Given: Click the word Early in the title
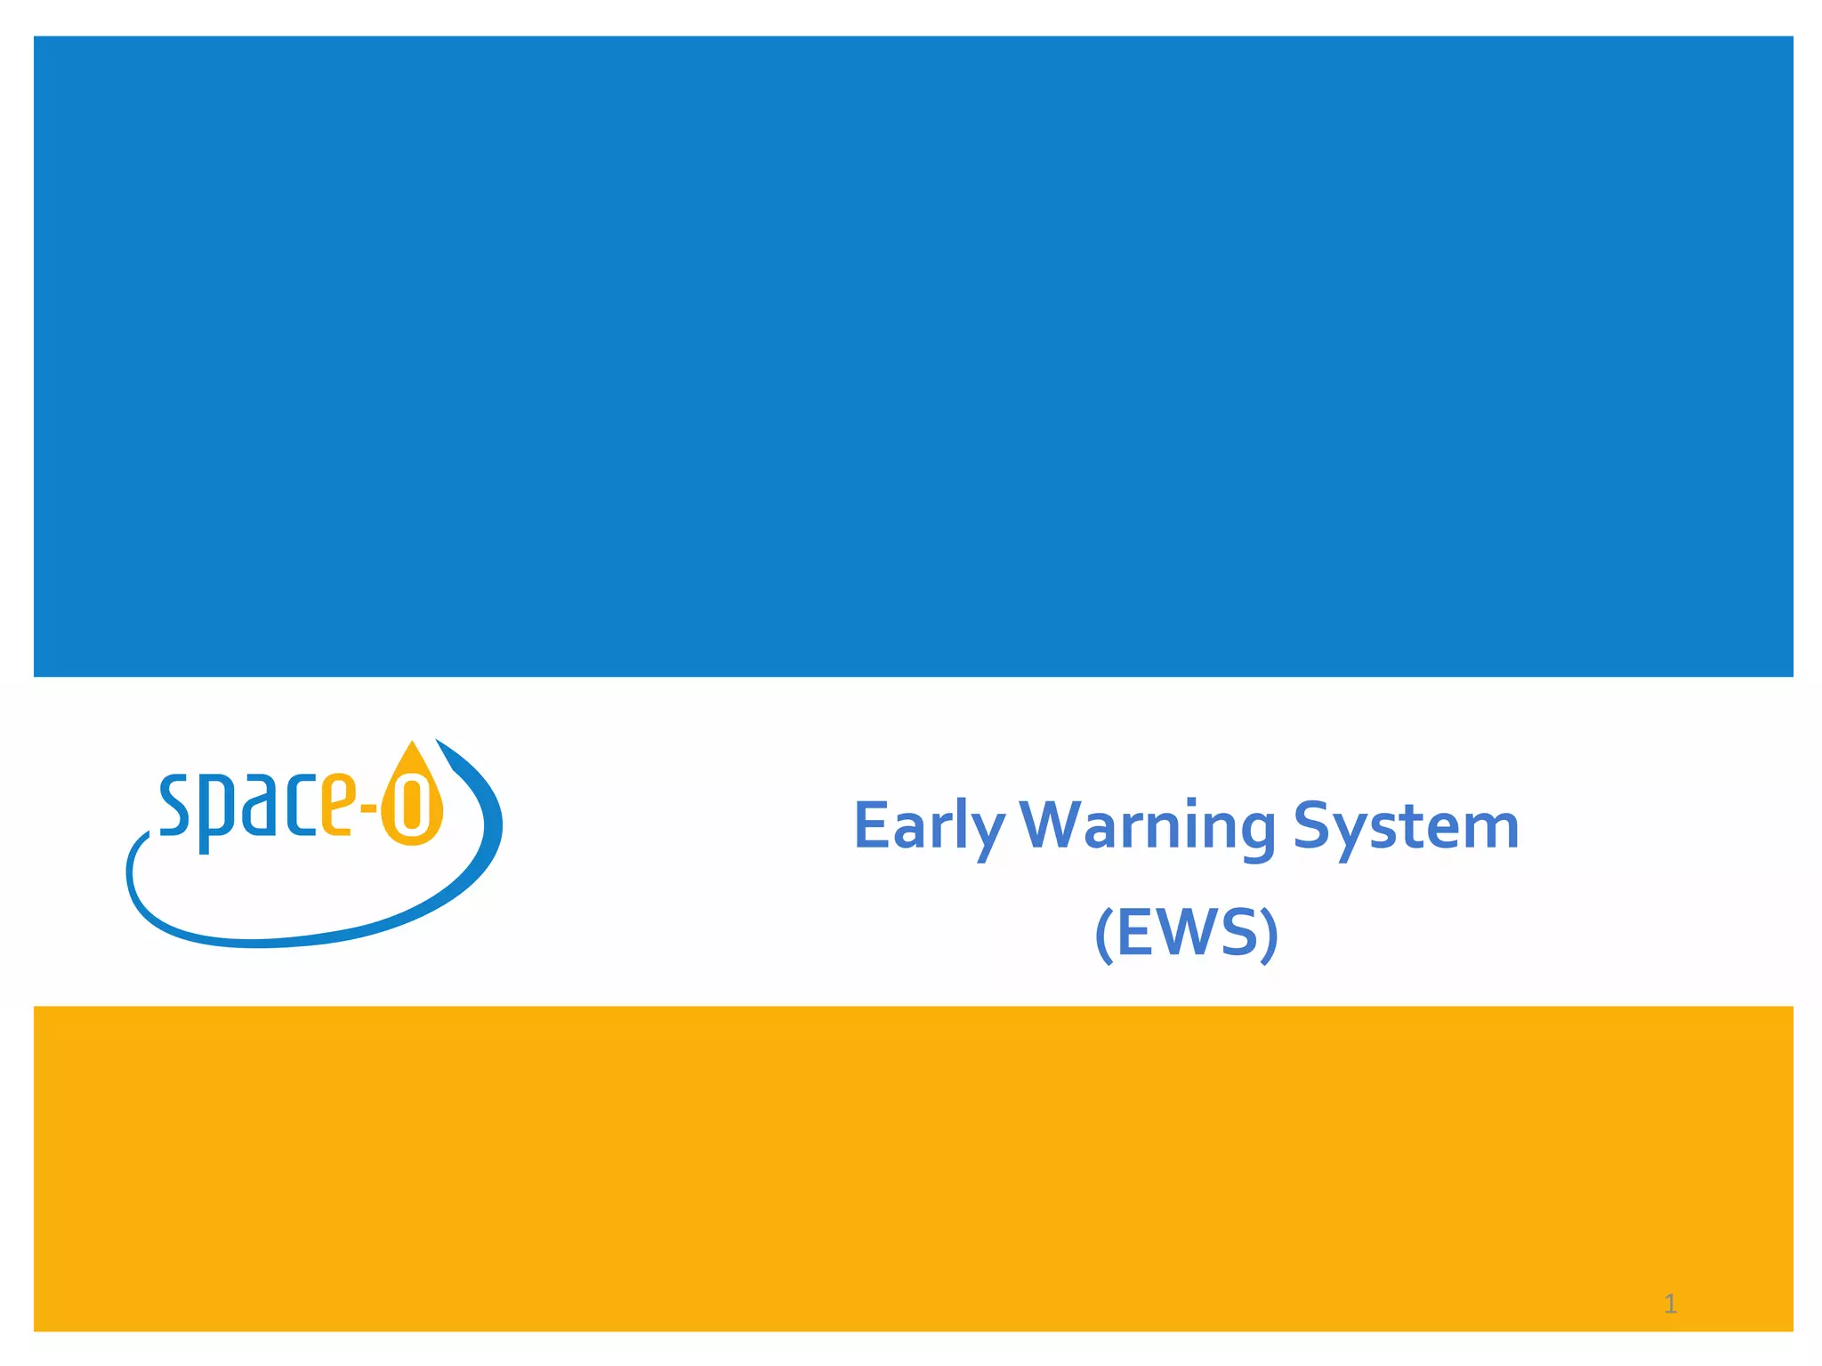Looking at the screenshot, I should pyautogui.click(x=929, y=827).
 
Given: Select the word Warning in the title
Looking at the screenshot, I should pyautogui.click(x=1148, y=827).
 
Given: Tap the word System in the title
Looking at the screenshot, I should pyautogui.click(x=1406, y=827).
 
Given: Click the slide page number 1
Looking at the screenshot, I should pyautogui.click(x=1670, y=1305).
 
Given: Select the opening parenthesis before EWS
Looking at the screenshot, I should pyautogui.click(x=1103, y=934).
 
